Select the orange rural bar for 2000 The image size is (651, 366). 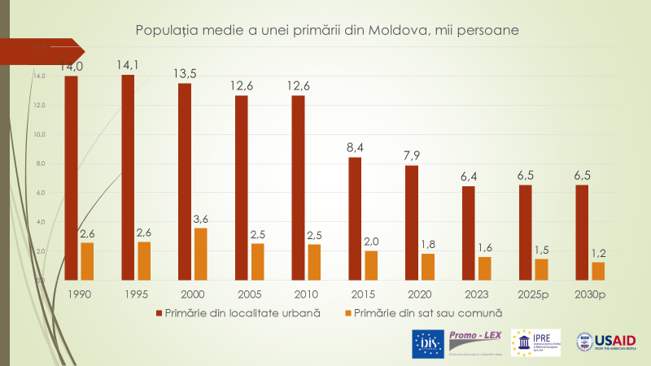201,254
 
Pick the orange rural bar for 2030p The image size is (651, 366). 598,271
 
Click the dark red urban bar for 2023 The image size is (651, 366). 468,233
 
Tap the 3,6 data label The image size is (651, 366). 201,219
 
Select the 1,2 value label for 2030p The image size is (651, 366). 598,253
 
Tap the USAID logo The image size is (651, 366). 606,342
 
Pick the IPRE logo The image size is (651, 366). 535,342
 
